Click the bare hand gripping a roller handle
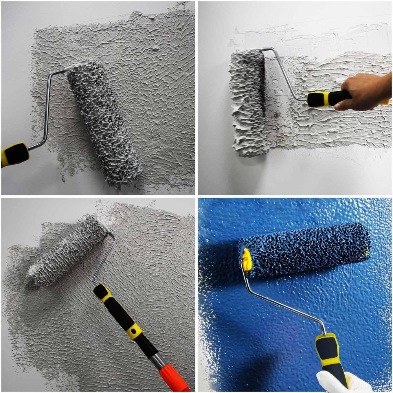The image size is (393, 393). coord(364,91)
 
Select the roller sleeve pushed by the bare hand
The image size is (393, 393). coord(248,102)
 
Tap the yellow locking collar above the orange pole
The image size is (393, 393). coord(135,331)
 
